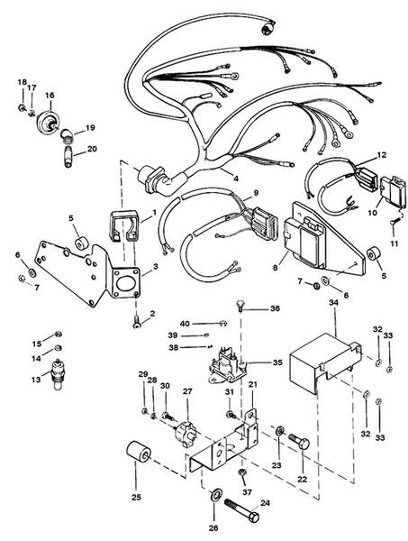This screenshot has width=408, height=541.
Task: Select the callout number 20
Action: coord(92,149)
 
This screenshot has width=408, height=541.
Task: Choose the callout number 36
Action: coord(276,309)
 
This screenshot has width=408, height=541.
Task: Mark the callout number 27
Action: coord(188,391)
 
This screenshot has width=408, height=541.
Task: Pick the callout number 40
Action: coord(185,323)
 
